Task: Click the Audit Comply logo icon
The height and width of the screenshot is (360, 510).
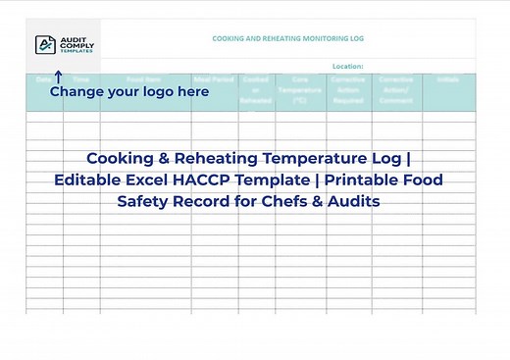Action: [45, 44]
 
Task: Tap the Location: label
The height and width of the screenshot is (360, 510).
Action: [348, 67]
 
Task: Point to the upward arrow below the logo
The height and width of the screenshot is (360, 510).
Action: [57, 77]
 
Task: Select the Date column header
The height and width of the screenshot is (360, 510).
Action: [44, 78]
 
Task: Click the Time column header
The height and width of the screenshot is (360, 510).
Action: [81, 78]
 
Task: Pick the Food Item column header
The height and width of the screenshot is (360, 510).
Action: [145, 78]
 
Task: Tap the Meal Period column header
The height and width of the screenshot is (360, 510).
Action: [213, 78]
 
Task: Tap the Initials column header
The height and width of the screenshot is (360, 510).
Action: [448, 78]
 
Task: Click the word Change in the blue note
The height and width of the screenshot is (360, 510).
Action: [80, 91]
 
